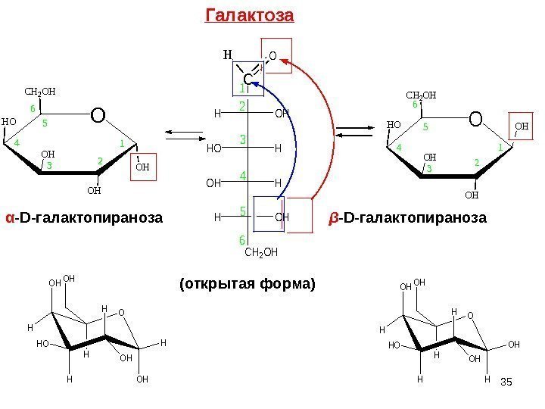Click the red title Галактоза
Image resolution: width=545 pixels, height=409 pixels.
(249, 15)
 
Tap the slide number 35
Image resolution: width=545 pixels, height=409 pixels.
(506, 387)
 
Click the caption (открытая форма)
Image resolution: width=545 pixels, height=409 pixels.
(247, 285)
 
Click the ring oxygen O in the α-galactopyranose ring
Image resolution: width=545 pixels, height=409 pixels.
(98, 116)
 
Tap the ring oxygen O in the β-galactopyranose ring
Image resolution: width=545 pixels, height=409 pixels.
(475, 119)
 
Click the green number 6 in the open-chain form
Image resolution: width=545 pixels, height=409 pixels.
(243, 241)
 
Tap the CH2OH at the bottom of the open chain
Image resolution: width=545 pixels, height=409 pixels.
(262, 253)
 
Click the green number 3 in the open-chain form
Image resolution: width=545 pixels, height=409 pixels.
(244, 140)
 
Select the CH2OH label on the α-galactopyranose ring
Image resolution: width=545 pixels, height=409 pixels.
(41, 93)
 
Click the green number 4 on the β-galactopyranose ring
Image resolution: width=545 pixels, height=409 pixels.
(398, 147)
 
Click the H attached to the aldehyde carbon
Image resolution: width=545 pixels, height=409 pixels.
(226, 55)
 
